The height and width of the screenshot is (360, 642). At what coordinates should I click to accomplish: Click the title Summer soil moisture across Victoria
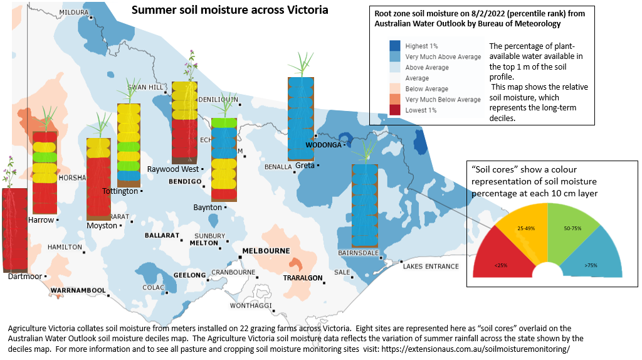pos(229,11)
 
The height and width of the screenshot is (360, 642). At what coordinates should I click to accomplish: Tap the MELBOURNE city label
pos(266,251)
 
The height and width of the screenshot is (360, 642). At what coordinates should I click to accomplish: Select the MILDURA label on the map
pos(74,12)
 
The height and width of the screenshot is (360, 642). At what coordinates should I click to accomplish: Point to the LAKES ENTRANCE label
pos(431,267)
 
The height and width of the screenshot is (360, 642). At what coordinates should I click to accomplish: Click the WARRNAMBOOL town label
pos(78,290)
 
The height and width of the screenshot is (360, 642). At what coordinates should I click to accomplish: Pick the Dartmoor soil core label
pos(25,276)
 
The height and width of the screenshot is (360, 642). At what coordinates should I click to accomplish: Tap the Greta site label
pos(305,166)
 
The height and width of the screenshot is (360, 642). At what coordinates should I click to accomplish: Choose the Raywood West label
pos(172,169)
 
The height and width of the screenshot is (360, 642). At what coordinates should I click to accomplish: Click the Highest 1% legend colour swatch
pos(394,46)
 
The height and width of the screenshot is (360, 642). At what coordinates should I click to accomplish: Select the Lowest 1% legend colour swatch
pos(394,110)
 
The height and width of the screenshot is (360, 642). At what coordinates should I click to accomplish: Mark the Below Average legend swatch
pos(394,88)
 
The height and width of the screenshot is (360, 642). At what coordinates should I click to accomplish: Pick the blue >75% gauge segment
pos(592,258)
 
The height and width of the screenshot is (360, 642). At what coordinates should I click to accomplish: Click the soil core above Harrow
pos(45,172)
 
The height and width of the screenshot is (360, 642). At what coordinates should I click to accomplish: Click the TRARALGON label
pos(303,278)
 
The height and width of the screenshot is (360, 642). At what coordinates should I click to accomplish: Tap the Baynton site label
pos(208,207)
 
